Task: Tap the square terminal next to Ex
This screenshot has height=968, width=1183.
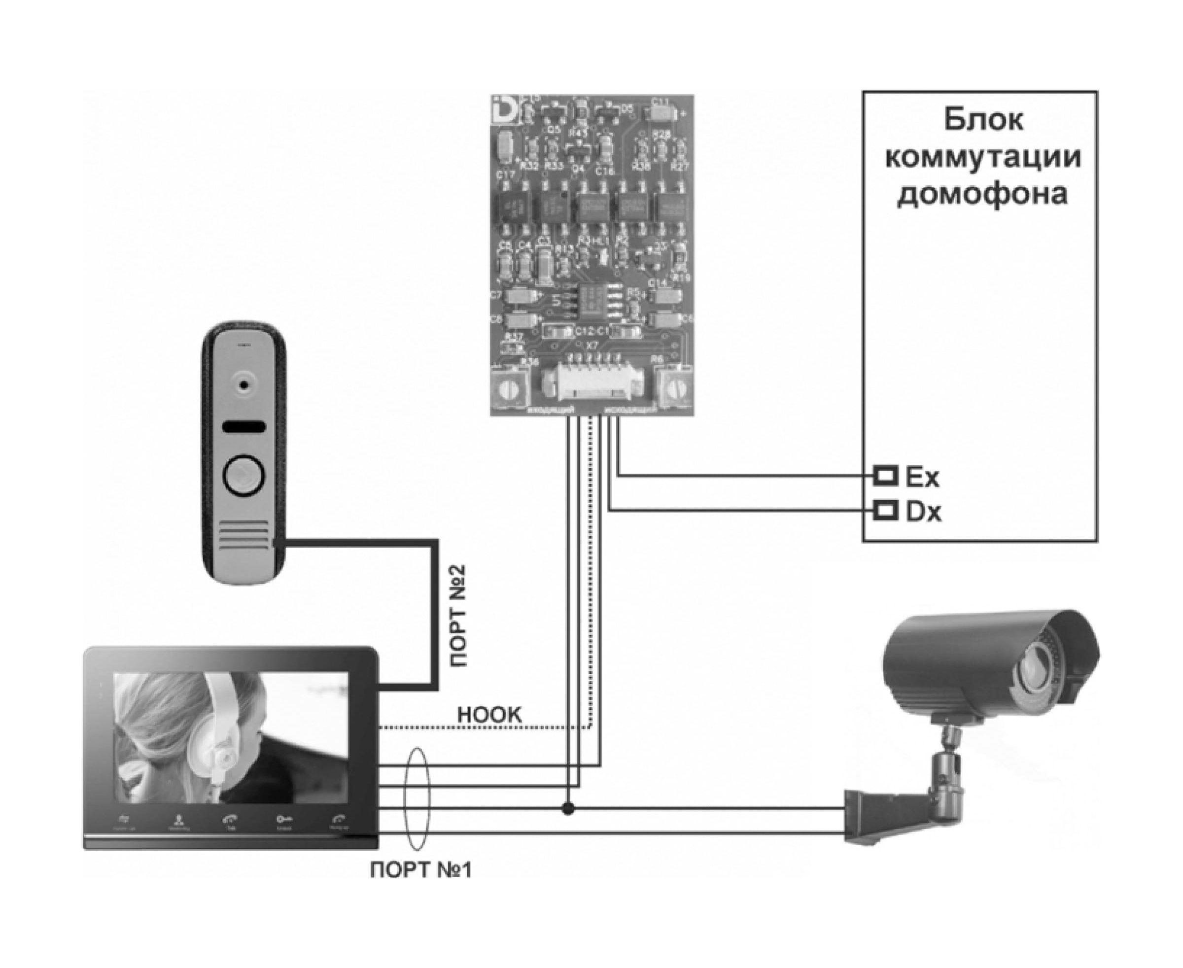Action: pos(885,476)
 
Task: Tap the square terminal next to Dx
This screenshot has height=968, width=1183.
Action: pos(885,510)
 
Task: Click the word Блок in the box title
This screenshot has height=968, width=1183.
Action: pos(983,120)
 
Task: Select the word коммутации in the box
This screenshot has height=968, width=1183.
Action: pos(983,157)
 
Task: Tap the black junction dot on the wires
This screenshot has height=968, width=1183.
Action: pos(568,808)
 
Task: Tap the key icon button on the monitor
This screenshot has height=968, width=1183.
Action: pos(284,819)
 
